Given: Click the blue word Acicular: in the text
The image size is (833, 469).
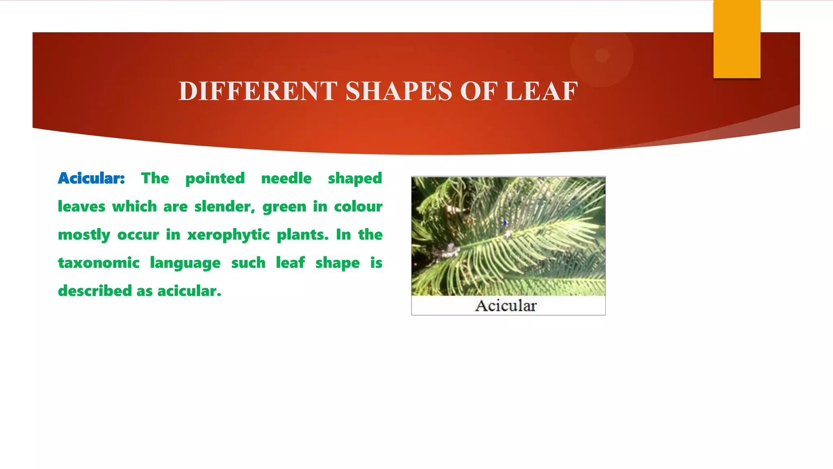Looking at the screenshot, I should [x=91, y=178].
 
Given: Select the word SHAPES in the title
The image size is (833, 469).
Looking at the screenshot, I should [x=399, y=91].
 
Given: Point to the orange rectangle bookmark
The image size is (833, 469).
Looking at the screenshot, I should [x=737, y=39].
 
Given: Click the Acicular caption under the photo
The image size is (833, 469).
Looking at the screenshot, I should [x=506, y=306].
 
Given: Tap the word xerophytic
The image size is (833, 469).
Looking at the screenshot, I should [x=228, y=235].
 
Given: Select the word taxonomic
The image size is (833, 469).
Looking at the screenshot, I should [x=99, y=263].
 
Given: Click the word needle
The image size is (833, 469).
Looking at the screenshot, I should [x=286, y=178].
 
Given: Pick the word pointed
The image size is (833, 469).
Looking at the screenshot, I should [x=215, y=178].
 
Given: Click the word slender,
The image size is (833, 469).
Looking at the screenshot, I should [x=225, y=207].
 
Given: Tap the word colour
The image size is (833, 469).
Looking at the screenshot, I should [x=358, y=207].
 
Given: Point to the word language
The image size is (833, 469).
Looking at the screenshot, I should [x=185, y=263].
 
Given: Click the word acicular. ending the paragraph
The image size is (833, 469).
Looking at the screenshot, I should [x=189, y=291].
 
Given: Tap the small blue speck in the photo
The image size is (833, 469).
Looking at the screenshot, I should [x=505, y=223].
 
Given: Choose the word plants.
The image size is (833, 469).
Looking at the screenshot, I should [x=303, y=235].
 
